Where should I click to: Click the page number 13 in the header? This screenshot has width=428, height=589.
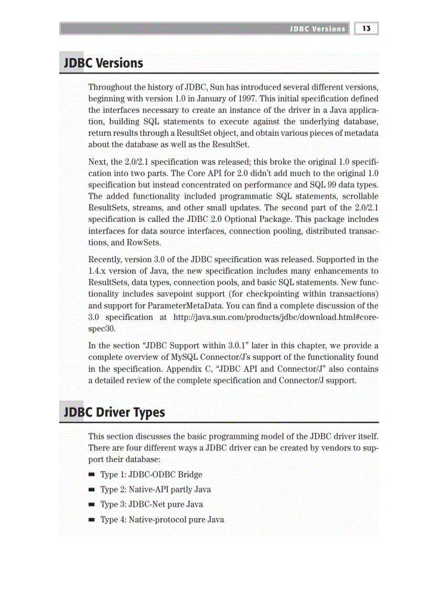[x=366, y=28]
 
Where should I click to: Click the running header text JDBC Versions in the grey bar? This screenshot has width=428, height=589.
[x=318, y=29]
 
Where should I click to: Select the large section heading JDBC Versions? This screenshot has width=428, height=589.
[x=103, y=63]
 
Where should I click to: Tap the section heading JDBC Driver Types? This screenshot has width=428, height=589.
[x=114, y=412]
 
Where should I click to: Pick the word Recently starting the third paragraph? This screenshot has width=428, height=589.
[x=104, y=260]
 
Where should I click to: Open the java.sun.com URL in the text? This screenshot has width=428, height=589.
[x=275, y=317]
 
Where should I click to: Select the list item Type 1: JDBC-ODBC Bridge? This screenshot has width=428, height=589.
[x=151, y=475]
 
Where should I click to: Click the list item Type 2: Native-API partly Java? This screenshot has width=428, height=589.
[x=155, y=490]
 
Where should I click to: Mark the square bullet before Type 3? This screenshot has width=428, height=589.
[x=92, y=505]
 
